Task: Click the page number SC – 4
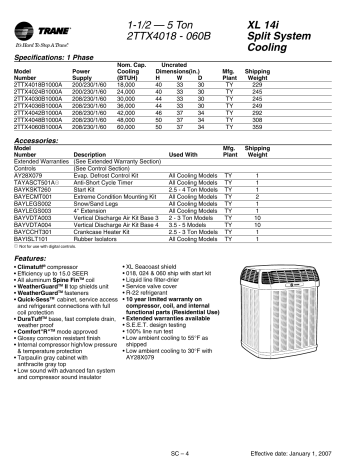180,453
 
